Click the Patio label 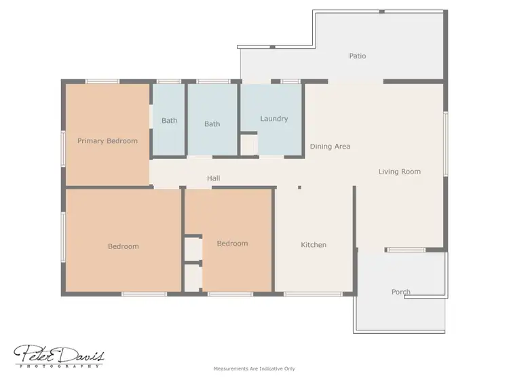(x=358, y=56)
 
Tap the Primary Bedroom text (x=107, y=141)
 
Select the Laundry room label (x=274, y=119)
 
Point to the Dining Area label (x=330, y=146)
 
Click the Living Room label (x=399, y=172)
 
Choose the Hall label (x=213, y=178)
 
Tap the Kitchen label (x=314, y=245)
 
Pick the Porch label (x=401, y=292)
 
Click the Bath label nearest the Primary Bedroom (x=169, y=121)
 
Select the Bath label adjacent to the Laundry (x=212, y=123)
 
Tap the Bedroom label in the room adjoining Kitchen (x=232, y=243)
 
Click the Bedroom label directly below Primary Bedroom (x=123, y=246)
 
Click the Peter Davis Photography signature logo (x=59, y=355)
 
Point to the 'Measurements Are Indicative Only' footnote (x=254, y=369)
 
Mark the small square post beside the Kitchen (x=299, y=187)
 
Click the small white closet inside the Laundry (x=248, y=145)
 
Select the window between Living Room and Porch (x=405, y=250)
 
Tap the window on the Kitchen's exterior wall (x=303, y=294)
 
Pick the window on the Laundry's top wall (x=290, y=81)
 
